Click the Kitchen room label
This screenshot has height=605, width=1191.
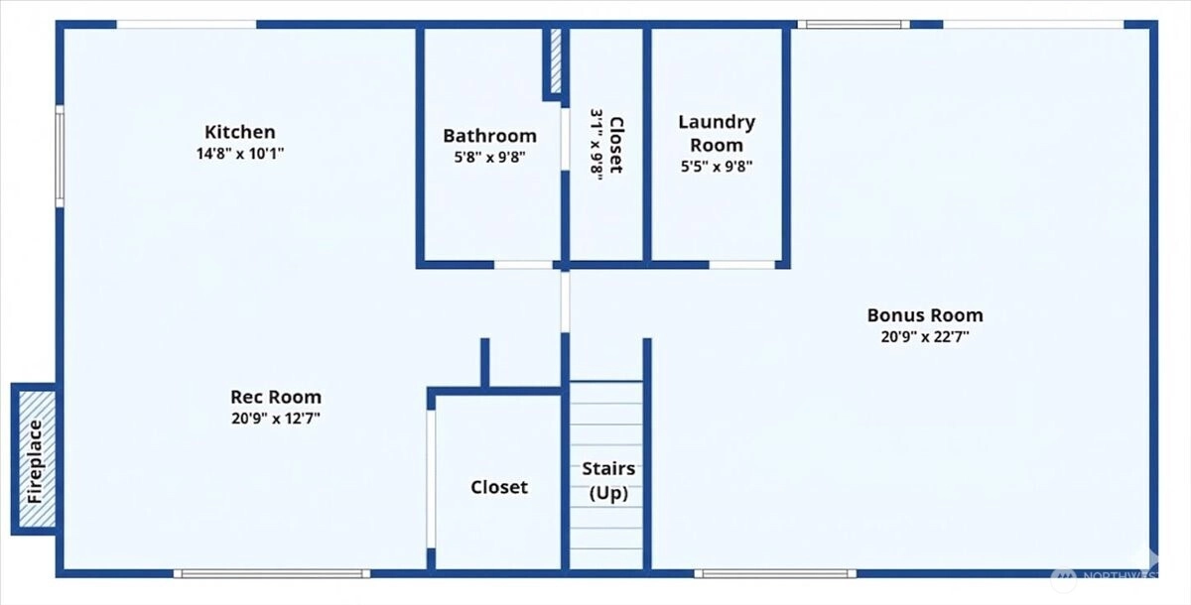[240, 132]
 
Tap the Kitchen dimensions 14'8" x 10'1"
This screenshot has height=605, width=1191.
[240, 154]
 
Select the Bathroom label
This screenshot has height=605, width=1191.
[489, 136]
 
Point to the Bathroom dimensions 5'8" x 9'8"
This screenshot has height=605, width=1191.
[489, 158]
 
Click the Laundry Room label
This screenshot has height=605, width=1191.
[717, 133]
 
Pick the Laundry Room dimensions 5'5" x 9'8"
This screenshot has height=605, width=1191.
[717, 167]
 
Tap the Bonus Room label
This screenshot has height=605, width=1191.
[925, 315]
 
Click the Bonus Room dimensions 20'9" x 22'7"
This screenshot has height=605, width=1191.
[925, 337]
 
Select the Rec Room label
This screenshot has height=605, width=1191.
[276, 397]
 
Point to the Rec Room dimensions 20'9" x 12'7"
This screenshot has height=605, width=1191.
[276, 419]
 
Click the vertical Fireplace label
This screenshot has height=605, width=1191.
[35, 461]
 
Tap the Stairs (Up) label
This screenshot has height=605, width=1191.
[608, 481]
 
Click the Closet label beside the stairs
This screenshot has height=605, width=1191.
[498, 487]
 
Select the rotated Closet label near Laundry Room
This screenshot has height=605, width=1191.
[615, 145]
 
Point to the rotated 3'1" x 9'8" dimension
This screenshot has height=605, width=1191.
[596, 145]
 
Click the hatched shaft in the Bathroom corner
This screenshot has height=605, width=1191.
[555, 60]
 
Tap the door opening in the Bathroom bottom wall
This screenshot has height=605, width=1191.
[523, 265]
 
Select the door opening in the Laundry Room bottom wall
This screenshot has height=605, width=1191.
[741, 265]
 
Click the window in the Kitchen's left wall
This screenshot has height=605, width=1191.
[61, 156]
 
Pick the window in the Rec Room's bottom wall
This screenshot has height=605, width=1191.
[272, 573]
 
